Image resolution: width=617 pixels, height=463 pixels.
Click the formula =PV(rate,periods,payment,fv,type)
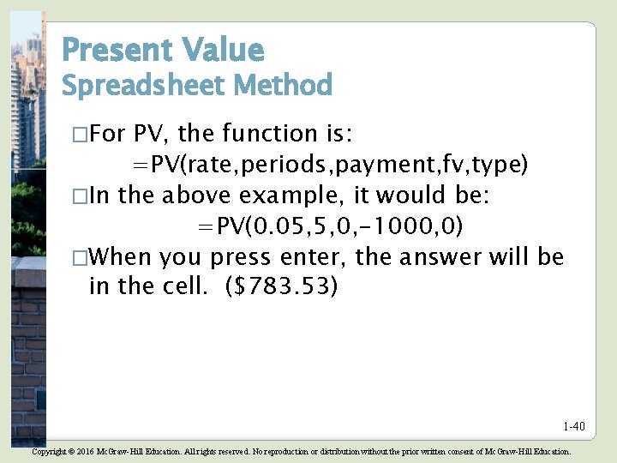point(329,165)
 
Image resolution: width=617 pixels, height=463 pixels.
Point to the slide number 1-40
point(573,426)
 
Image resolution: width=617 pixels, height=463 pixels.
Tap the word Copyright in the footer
point(53,451)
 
